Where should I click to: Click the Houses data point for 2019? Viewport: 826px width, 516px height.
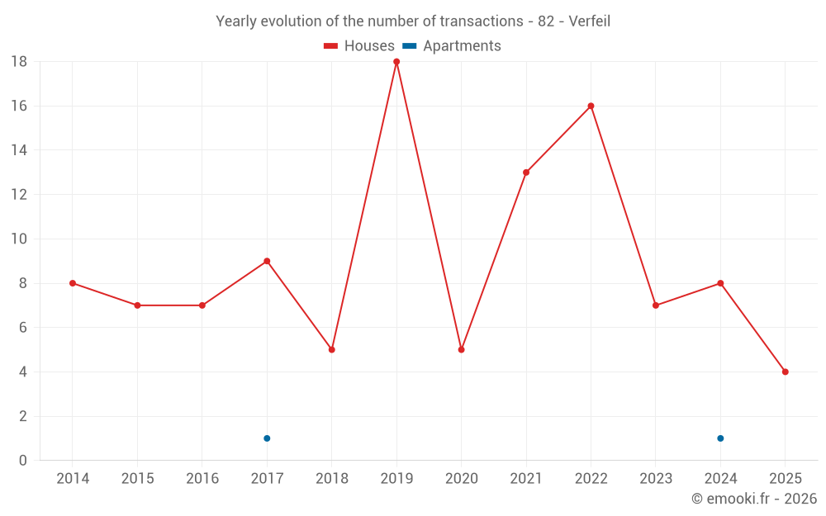point(396,62)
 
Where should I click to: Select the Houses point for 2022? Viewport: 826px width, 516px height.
point(591,106)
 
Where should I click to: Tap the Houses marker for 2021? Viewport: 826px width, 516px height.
point(526,173)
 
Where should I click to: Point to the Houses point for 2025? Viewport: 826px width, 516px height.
point(785,372)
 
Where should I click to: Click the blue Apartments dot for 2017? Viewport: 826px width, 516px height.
point(267,438)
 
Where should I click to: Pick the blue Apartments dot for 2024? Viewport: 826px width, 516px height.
point(720,438)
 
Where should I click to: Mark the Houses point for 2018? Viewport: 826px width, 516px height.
point(331,349)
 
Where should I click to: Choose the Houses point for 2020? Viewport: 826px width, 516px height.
point(461,349)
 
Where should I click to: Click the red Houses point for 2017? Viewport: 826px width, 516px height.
point(267,261)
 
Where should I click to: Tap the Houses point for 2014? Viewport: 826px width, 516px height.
point(73,283)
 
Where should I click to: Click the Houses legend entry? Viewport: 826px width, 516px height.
point(359,46)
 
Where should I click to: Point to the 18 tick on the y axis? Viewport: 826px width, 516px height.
point(19,62)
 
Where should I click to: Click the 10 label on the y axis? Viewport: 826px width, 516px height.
point(19,239)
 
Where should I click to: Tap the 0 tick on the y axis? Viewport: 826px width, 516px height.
point(23,461)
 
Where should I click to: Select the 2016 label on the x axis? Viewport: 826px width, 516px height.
point(202,479)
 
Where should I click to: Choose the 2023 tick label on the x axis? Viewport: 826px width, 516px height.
point(656,479)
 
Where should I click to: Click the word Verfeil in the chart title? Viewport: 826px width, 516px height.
point(589,21)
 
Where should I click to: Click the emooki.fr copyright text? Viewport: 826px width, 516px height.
point(754,499)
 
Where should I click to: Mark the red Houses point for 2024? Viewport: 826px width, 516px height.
point(720,283)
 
